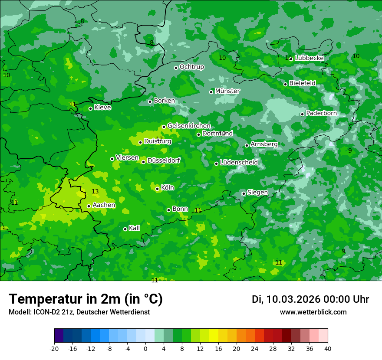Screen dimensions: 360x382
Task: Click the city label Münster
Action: coord(227,91)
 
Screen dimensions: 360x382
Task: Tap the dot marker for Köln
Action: coord(157,189)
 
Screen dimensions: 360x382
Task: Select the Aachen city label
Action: coord(104,205)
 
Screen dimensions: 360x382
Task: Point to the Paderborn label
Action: coord(321,113)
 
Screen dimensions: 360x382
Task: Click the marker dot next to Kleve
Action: coord(90,108)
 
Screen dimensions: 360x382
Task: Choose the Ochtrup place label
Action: coord(191,67)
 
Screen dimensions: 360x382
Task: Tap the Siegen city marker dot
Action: coord(244,193)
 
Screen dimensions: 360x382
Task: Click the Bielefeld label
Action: coord(302,83)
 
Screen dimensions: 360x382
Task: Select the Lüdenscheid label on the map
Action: coord(239,163)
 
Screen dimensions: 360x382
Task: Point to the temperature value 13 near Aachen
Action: coord(95,192)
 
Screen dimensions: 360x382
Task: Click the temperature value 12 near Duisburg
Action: coord(159,139)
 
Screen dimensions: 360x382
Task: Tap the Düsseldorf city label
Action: coord(163,160)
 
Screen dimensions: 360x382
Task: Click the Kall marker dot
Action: coord(125,229)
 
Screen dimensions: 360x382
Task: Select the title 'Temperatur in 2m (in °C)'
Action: coord(86,299)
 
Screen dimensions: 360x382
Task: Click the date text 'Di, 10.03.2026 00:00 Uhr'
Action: coord(310,299)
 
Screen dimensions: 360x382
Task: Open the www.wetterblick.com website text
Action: coord(313,312)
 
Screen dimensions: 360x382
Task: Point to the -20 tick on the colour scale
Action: coord(54,348)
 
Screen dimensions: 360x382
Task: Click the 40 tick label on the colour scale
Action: coord(327,348)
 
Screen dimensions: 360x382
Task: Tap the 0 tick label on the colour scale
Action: coord(145,348)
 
